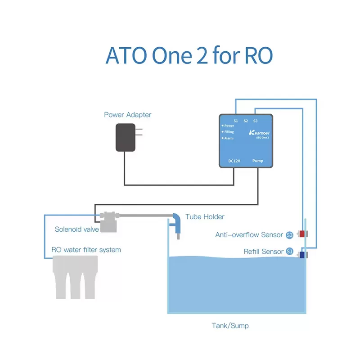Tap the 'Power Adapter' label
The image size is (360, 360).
(x=128, y=115)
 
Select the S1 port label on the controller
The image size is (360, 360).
(x=236, y=121)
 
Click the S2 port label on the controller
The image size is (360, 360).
(x=246, y=121)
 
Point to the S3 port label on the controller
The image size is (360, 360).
(x=256, y=121)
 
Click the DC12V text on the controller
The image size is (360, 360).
(x=234, y=161)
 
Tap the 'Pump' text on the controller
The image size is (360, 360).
(x=258, y=161)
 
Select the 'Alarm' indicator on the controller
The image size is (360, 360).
(x=228, y=138)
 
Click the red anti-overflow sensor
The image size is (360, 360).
(x=302, y=234)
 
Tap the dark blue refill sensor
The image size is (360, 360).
(x=302, y=255)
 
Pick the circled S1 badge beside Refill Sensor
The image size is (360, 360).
(x=290, y=252)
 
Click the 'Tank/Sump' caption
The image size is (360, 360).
(x=230, y=325)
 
